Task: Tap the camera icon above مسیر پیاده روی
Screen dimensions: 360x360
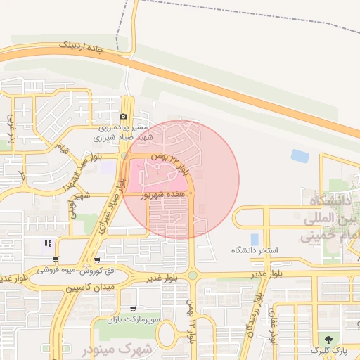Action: [x=124, y=117]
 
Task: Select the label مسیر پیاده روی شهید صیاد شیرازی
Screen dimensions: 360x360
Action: [x=123, y=133]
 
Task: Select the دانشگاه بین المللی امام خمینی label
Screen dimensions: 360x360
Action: [x=330, y=219]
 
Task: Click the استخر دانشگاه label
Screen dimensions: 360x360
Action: [x=255, y=250]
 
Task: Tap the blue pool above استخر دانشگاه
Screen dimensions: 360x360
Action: [x=254, y=240]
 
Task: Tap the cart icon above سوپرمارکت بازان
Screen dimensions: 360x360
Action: [x=134, y=309]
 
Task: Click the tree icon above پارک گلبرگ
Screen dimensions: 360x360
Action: [x=329, y=340]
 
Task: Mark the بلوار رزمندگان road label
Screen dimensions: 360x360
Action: [x=253, y=316]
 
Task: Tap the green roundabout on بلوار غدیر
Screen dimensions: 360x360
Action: [x=192, y=276]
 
